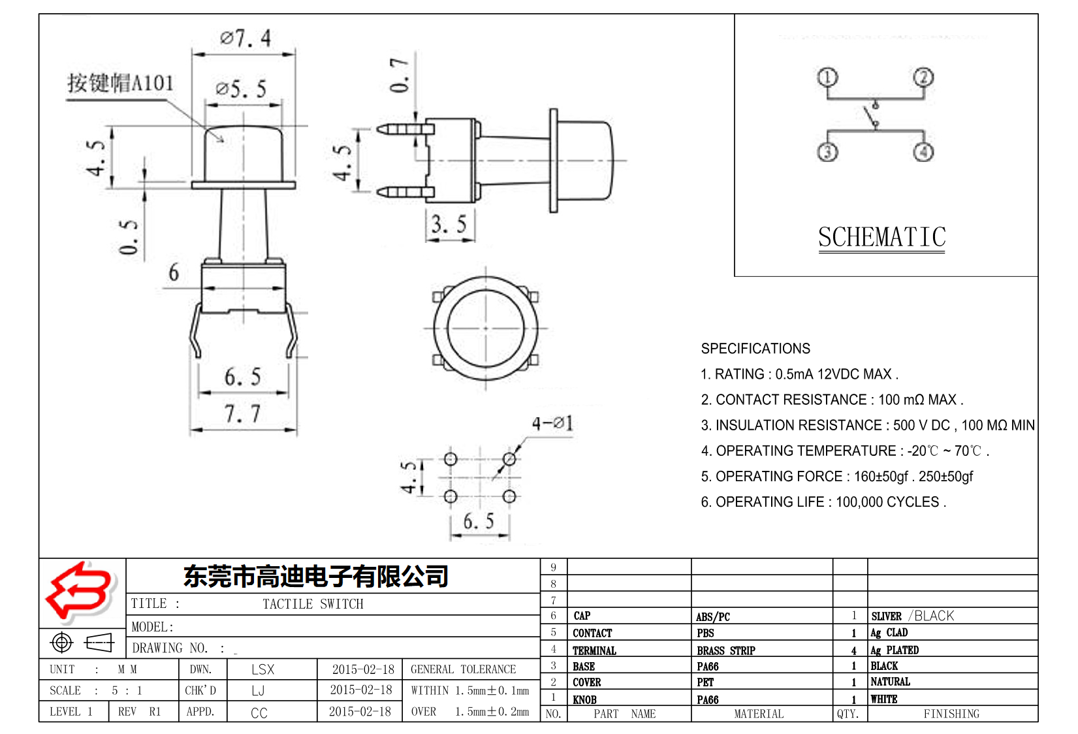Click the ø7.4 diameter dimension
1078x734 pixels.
click(x=246, y=39)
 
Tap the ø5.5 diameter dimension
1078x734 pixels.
click(x=241, y=89)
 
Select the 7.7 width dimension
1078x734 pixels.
click(x=242, y=414)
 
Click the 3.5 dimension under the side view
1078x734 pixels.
click(x=449, y=225)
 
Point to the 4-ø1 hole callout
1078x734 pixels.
click(x=552, y=424)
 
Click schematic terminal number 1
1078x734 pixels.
click(x=827, y=78)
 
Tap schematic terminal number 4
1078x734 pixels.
click(x=923, y=152)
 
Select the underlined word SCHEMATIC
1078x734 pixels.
click(x=881, y=237)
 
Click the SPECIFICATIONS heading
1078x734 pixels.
click(x=755, y=349)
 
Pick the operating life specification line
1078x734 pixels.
click(x=823, y=502)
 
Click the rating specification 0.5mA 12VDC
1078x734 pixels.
click(x=800, y=374)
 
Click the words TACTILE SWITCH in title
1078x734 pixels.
click(x=313, y=604)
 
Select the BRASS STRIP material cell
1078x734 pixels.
click(x=725, y=650)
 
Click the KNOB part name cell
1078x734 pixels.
click(x=585, y=699)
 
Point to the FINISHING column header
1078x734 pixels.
click(x=951, y=714)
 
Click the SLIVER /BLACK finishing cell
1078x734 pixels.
click(x=912, y=616)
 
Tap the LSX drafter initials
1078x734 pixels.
click(x=262, y=669)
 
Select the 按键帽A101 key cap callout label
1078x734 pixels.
click(x=121, y=84)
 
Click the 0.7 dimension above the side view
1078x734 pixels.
click(x=400, y=74)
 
